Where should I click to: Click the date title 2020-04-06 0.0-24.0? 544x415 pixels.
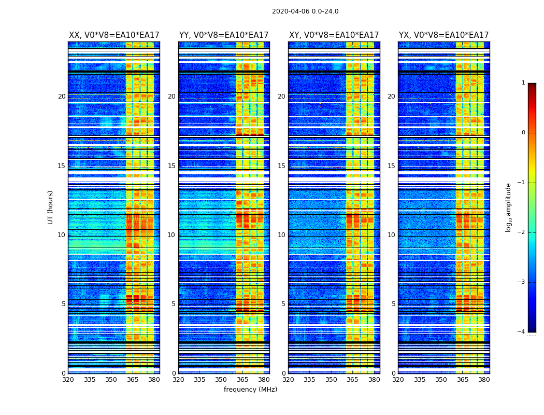point(305,11)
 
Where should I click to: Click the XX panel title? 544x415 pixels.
point(114,35)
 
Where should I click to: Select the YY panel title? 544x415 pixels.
point(224,35)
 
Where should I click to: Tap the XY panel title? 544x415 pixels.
point(334,35)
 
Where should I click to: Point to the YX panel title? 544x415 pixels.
point(443,35)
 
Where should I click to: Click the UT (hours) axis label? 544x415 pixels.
point(50,207)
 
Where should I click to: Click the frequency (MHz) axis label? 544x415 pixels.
point(250,390)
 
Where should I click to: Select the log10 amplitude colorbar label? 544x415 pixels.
point(509,207)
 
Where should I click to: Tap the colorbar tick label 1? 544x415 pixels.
point(523,83)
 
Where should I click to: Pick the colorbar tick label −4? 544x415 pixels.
point(522,332)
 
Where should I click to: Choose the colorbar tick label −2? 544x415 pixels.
point(522,232)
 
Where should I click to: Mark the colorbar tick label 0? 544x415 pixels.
point(523,133)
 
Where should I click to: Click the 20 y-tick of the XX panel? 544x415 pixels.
point(62,96)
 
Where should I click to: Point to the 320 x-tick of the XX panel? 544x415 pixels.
point(68,380)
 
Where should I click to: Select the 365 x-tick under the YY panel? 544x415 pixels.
point(242,380)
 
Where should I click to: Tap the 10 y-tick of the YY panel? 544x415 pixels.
point(171,235)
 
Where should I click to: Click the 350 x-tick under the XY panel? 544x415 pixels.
point(331,380)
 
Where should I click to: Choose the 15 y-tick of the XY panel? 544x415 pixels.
point(281,166)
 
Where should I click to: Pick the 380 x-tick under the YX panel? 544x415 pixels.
point(484,380)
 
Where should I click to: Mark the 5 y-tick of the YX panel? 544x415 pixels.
point(393,304)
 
